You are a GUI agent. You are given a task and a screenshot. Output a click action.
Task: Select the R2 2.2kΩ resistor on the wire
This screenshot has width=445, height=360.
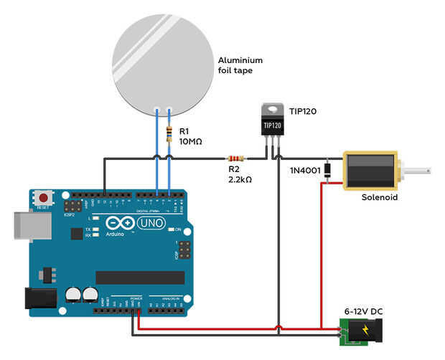click(235, 158)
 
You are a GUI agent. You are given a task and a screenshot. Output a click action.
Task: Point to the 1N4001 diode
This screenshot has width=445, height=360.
click(327, 170)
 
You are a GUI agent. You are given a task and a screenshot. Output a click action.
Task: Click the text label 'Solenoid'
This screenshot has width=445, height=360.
click(378, 197)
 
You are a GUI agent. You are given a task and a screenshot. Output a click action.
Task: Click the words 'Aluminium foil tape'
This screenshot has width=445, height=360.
click(240, 65)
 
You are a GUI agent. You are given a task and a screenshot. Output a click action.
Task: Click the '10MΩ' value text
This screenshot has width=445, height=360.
click(191, 142)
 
